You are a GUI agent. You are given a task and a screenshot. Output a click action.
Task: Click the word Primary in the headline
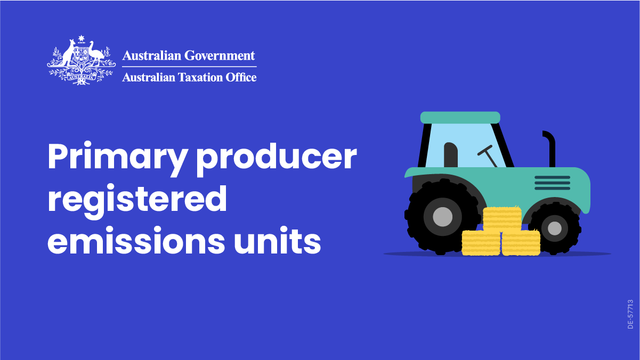click(118, 159)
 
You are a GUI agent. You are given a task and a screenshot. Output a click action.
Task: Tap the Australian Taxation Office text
click(189, 77)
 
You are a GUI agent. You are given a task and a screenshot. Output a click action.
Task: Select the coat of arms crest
click(82, 61)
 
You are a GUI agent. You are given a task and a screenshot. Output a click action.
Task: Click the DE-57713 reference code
click(630, 314)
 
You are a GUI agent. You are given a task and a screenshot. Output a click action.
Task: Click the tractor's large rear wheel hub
click(443, 217)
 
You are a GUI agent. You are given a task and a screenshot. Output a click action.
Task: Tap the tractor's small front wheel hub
click(555, 228)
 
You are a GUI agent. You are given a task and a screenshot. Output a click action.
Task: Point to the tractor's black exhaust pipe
click(550, 149)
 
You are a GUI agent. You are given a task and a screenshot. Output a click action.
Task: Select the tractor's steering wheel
click(488, 156)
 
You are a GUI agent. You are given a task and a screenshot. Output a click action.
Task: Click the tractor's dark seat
click(451, 155)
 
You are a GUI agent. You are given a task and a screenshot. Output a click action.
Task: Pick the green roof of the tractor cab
click(460, 118)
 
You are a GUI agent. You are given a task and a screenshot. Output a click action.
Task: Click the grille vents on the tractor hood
click(552, 183)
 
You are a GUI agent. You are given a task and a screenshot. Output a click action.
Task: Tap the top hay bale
click(503, 219)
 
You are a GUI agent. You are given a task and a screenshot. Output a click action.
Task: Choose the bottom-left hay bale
click(481, 243)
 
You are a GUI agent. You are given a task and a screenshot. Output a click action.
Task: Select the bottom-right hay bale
click(521, 243)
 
